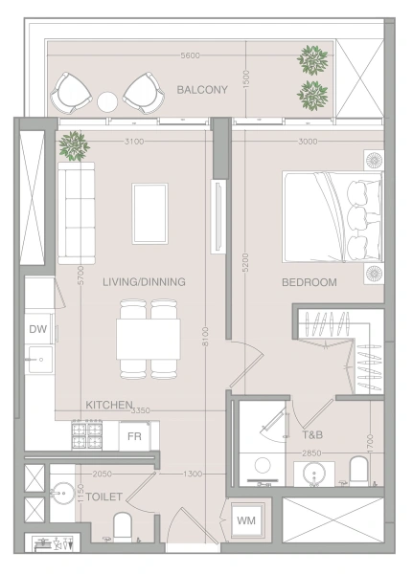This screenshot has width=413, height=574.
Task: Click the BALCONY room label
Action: (x=202, y=90)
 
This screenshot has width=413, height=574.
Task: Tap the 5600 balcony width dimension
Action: (x=191, y=55)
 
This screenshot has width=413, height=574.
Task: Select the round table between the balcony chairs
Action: (x=107, y=101)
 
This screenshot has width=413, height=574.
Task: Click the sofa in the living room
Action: (x=77, y=213)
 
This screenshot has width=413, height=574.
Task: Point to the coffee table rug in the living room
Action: (x=150, y=213)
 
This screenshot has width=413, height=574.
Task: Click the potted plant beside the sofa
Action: (x=74, y=145)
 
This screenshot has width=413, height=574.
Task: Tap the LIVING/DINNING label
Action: (x=144, y=282)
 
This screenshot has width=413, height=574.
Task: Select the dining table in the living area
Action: (x=149, y=339)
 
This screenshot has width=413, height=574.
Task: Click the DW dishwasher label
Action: (x=37, y=329)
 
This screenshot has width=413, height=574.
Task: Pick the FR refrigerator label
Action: (x=134, y=436)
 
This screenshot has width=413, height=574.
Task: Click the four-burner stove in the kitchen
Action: (x=87, y=435)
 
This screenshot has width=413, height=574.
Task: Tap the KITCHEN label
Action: (x=108, y=405)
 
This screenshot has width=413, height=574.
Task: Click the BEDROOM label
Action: (x=310, y=282)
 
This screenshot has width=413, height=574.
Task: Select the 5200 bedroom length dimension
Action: (x=245, y=262)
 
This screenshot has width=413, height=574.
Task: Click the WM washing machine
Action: (x=246, y=520)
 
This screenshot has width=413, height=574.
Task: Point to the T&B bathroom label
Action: (x=312, y=435)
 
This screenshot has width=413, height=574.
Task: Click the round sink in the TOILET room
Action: (x=61, y=493)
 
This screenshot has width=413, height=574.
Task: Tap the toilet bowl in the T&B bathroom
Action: (x=358, y=471)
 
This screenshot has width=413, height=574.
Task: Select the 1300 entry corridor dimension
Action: (x=193, y=474)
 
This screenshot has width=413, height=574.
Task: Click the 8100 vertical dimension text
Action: (x=205, y=337)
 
